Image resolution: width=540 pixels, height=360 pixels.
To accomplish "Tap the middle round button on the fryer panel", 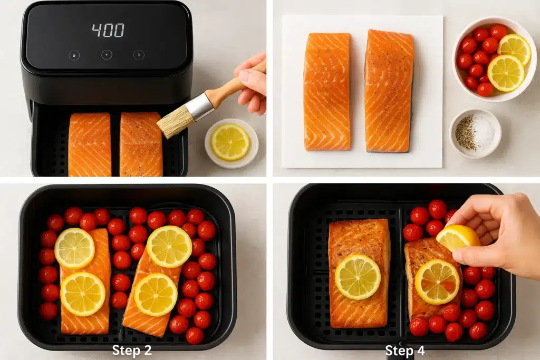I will tap(107, 55).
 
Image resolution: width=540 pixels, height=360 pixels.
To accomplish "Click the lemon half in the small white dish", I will tap(230, 142).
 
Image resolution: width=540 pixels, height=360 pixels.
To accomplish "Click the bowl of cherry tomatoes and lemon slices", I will tap(493, 58).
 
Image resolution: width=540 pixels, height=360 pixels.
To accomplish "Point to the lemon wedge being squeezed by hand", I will tap(457, 237).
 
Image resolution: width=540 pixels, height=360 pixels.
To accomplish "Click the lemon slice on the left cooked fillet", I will tap(358, 277).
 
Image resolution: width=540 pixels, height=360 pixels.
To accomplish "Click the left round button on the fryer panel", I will tap(74, 55).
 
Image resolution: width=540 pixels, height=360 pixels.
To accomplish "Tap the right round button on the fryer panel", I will tap(139, 55).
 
